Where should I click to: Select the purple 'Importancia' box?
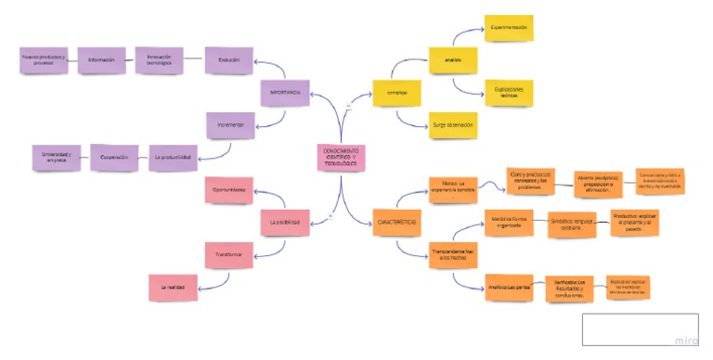pos(285,93)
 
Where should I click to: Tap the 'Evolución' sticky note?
pos(228,60)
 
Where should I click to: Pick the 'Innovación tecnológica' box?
pos(159,59)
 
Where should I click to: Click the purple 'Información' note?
pos(101,60)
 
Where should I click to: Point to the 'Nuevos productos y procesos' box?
pos(44,60)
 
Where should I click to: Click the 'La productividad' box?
pos(173,157)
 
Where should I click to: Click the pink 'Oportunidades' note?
pos(228,190)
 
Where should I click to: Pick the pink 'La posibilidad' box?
pos(285,223)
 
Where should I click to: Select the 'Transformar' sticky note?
pos(228,253)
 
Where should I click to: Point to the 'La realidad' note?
pos(173,287)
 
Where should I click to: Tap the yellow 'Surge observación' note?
pos(453,124)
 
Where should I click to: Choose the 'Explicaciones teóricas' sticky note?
pos(510,93)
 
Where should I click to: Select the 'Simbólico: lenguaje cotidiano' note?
pos(571,225)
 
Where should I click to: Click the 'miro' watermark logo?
pos(686,341)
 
